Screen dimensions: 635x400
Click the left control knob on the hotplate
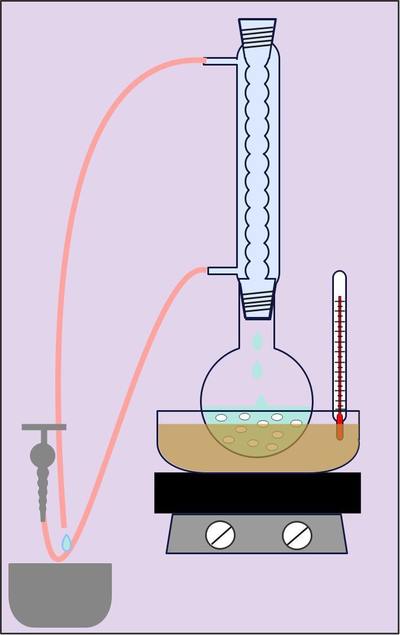pyautogui.click(x=220, y=534)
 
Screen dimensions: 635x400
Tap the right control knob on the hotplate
pyautogui.click(x=297, y=535)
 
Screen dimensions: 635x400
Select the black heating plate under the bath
pyautogui.click(x=258, y=493)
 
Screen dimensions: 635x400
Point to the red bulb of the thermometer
pyautogui.click(x=340, y=419)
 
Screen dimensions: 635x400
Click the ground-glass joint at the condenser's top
pyautogui.click(x=258, y=33)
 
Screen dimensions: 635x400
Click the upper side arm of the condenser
pyautogui.click(x=220, y=61)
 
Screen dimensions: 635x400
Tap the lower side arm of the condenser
pyautogui.click(x=223, y=271)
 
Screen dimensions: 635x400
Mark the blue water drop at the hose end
pyautogui.click(x=67, y=543)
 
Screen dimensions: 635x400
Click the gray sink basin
pyautogui.click(x=60, y=593)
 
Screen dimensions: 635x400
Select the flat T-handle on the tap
pyautogui.click(x=44, y=427)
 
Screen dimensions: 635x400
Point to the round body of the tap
pyautogui.click(x=42, y=455)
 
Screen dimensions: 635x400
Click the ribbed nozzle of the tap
pyautogui.click(x=43, y=492)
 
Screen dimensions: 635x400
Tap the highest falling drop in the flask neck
pyautogui.click(x=257, y=341)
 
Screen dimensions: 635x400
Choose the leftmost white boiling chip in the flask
pyautogui.click(x=221, y=418)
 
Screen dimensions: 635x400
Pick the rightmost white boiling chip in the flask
pyautogui.click(x=296, y=423)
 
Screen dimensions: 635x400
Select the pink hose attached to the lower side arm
pyautogui.click(x=130, y=395)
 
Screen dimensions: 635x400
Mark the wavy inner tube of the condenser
pyautogui.click(x=257, y=169)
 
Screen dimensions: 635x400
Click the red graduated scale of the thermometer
pyautogui.click(x=340, y=350)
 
